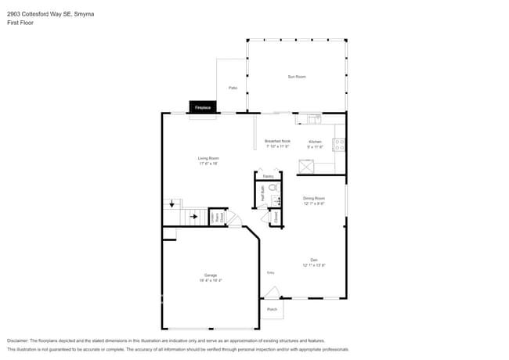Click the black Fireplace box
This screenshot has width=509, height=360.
[203, 107]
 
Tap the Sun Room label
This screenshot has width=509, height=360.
[297, 77]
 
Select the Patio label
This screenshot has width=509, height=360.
[233, 88]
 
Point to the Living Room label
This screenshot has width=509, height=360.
[208, 160]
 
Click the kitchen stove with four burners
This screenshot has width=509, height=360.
[340, 144]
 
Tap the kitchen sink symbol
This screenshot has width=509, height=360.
[313, 120]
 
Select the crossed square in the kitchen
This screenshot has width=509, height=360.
[305, 167]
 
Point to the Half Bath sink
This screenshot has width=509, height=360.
[276, 202]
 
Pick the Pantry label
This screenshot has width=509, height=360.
[269, 177]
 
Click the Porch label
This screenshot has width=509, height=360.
[272, 309]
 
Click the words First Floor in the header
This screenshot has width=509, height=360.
[20, 23]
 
